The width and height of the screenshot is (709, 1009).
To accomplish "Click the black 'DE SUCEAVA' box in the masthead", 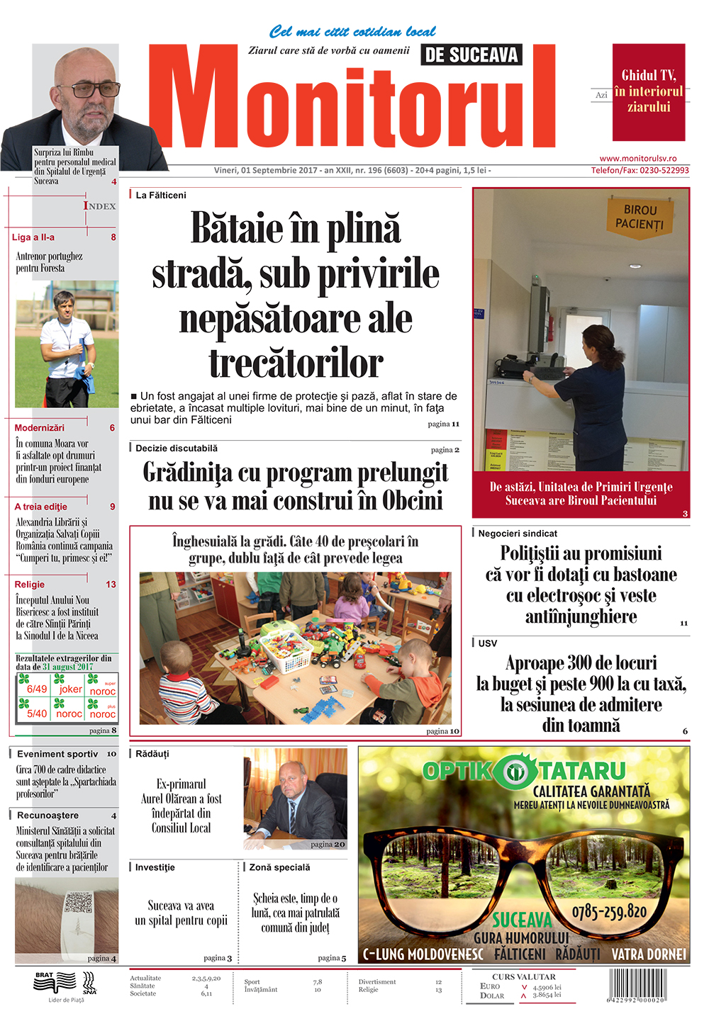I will coord(471,55).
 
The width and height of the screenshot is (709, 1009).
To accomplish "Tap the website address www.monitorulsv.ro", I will coord(637,159).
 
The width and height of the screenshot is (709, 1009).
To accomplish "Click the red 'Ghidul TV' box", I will coord(649,91).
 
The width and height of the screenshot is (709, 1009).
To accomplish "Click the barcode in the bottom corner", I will coord(637,985).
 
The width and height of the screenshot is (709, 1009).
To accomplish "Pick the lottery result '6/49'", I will coord(37,689).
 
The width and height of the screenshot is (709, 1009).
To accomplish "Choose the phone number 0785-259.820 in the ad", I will coord(609,911).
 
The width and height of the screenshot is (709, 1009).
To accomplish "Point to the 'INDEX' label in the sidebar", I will coord(99,206).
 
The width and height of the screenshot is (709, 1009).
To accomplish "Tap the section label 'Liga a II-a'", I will coord(33,237).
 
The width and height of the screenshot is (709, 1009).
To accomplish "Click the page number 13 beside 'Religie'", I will coord(111,585).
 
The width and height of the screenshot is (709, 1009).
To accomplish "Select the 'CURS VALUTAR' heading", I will coord(524,976).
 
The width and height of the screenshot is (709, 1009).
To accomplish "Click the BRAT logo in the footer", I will coord(55,981).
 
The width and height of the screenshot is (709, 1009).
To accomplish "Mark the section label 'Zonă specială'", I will coord(279,867).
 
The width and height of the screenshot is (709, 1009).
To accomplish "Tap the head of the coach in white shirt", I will coord(65,304).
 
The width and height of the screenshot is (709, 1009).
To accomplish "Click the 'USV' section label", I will coord(488,643).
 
